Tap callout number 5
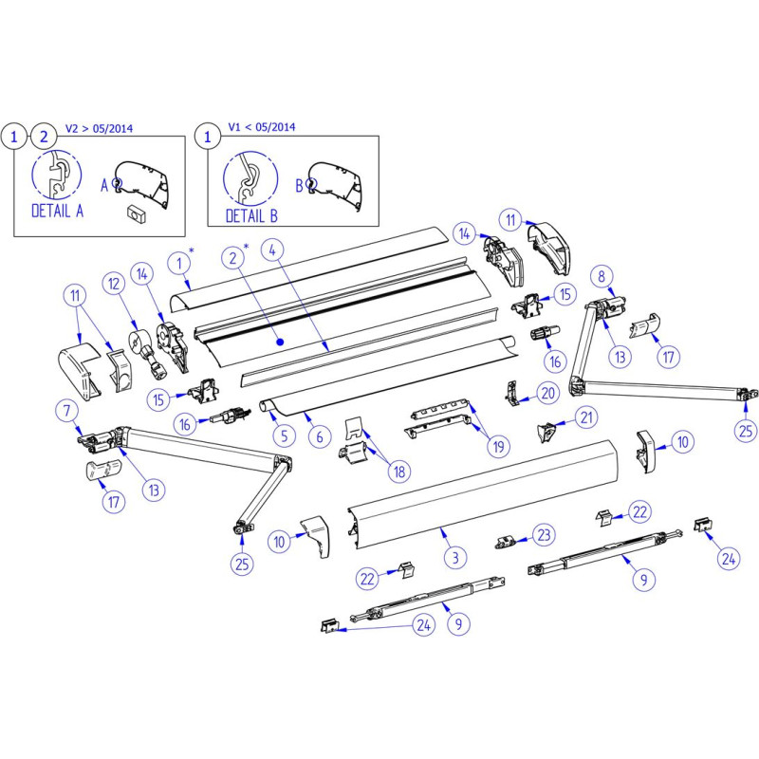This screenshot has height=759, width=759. point(281,436)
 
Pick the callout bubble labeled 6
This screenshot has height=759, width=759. point(319,436)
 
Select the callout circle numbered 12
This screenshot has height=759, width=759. point(115,284)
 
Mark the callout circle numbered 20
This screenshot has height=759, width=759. point(546,393)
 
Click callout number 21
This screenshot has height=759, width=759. point(588,417)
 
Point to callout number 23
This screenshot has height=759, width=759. point(544,533)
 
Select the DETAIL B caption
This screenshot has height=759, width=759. point(251,215)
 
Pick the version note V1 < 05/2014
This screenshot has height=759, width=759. point(262,126)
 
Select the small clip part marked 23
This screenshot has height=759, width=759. point(506,541)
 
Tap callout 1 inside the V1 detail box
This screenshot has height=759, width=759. point(207,138)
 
